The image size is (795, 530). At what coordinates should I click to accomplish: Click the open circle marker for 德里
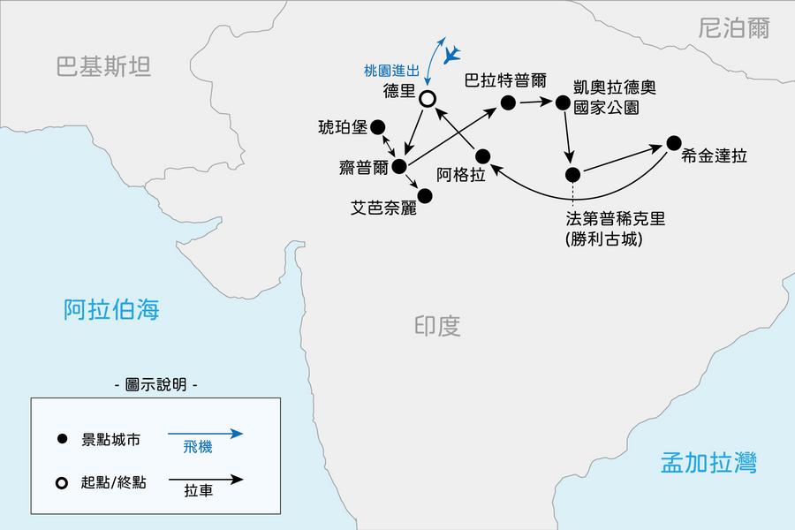428,100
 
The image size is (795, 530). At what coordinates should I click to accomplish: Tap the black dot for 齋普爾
399,166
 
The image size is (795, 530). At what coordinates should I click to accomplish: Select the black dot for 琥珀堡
378,126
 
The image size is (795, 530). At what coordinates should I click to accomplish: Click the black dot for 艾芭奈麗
425,195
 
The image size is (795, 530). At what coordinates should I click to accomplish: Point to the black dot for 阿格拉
482,156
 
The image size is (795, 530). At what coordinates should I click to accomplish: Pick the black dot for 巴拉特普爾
508,103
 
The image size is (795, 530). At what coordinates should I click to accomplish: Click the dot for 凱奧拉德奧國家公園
563,103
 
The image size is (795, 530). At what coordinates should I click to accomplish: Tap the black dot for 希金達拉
674,142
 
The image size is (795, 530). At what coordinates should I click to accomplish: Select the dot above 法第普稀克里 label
572,174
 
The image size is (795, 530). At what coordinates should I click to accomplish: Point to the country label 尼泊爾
733,29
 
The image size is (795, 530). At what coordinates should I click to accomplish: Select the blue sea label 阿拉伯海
111,309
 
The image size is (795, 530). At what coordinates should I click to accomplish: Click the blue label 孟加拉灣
708,463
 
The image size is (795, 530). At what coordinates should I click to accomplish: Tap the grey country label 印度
437,326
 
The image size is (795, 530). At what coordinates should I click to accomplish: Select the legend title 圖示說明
156,385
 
